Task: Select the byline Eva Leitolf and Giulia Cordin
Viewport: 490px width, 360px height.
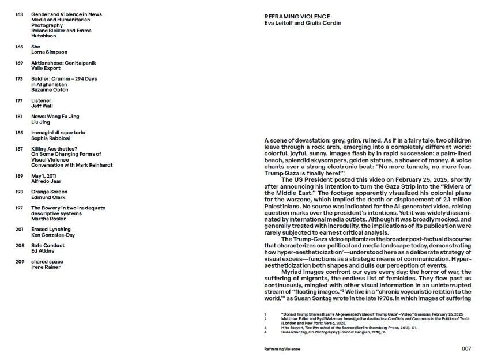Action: pyautogui.click(x=302, y=23)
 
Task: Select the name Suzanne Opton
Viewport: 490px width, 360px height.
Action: pyautogui.click(x=50, y=90)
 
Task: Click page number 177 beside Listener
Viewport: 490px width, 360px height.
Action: pyautogui.click(x=19, y=100)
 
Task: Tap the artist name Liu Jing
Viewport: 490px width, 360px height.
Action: pyautogui.click(x=41, y=122)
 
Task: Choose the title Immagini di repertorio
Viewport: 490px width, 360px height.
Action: pyautogui.click(x=58, y=133)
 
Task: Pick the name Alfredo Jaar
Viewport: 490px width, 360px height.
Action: pyautogui.click(x=46, y=181)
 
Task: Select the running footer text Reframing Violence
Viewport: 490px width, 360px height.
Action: pyautogui.click(x=282, y=350)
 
